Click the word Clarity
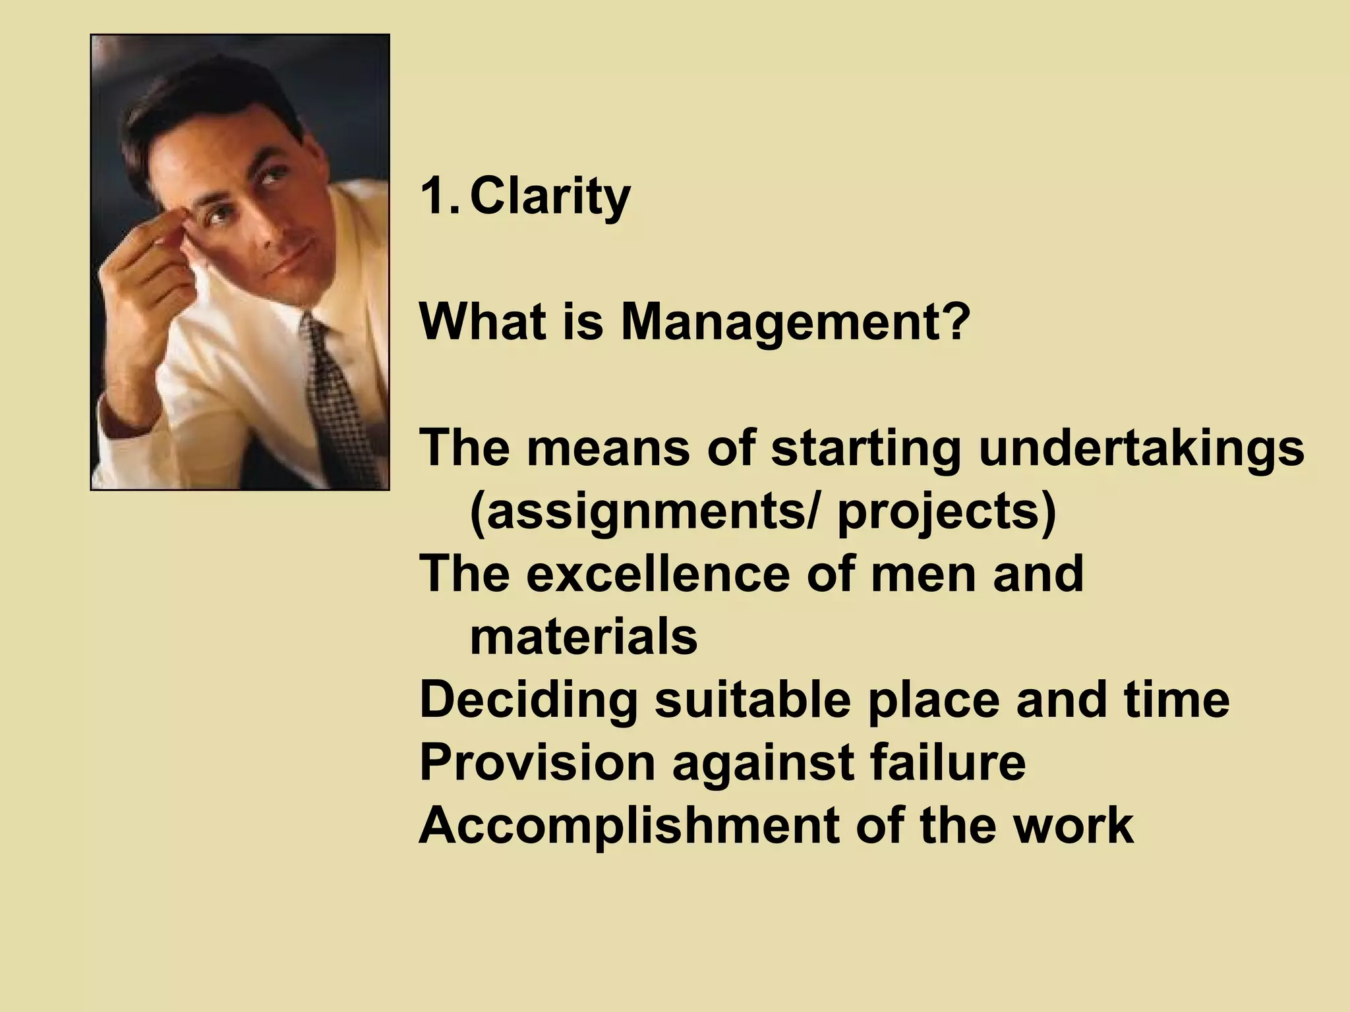(550, 198)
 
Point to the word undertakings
(1141, 449)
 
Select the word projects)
(947, 514)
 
